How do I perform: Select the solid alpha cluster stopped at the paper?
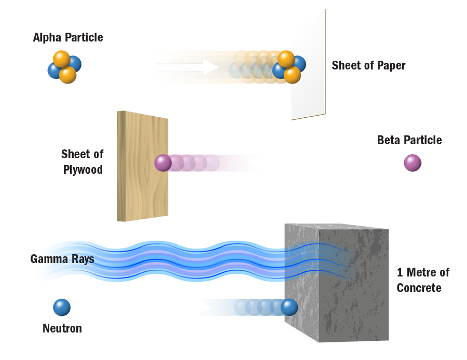click(x=289, y=66)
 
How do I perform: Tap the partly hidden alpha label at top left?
click(x=68, y=38)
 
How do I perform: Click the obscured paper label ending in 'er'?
click(x=369, y=66)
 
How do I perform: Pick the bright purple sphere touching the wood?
click(x=163, y=163)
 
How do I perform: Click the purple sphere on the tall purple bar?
click(x=413, y=163)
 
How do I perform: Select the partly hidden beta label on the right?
click(x=409, y=140)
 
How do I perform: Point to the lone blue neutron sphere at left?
click(x=63, y=307)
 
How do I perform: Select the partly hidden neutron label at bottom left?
click(x=62, y=328)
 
